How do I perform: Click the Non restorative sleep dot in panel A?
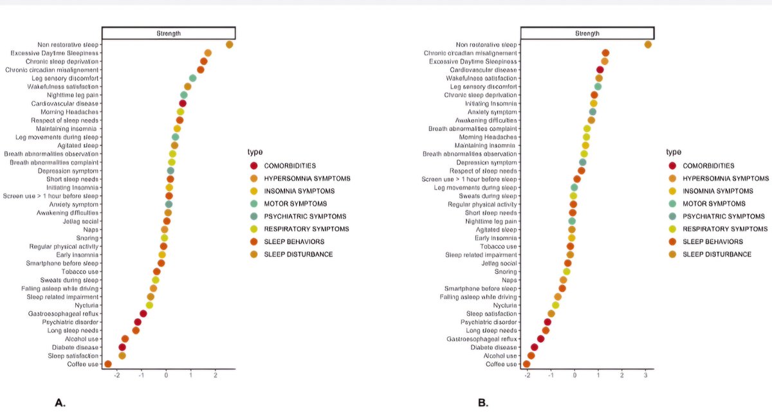(229, 44)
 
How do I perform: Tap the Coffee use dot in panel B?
(527, 364)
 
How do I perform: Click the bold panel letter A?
(60, 403)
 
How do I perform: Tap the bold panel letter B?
(483, 403)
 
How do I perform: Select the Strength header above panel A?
(169, 33)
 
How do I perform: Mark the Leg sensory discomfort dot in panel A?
(192, 78)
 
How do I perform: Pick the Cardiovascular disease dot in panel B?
(600, 69)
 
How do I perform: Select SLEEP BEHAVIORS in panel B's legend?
(712, 242)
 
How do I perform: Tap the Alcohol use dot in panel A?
(125, 339)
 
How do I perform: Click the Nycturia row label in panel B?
(504, 305)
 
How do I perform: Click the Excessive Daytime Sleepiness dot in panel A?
(208, 53)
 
